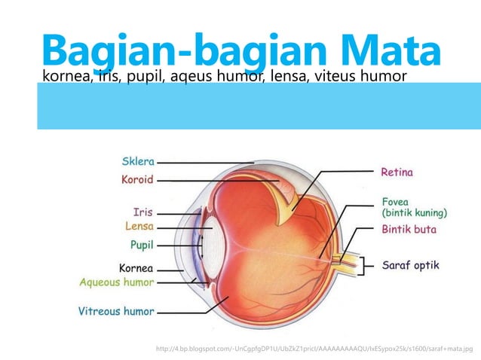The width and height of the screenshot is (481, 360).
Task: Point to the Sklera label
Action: [138, 160]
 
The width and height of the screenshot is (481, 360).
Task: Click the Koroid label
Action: [137, 180]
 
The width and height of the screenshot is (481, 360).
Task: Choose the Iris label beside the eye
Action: [143, 212]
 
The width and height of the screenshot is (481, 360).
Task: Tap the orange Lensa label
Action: [139, 226]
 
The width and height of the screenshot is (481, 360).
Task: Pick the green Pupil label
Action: [142, 245]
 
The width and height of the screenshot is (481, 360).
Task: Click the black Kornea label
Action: [136, 267]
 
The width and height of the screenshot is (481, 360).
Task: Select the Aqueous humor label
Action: [117, 282]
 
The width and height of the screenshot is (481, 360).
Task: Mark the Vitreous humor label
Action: [116, 310]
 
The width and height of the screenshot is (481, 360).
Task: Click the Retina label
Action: [397, 172]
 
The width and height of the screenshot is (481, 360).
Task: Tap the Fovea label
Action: [396, 201]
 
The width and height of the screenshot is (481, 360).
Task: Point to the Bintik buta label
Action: [409, 229]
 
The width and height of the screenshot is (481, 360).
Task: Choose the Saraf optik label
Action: [410, 265]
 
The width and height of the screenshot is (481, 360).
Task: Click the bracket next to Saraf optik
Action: [367, 265]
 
